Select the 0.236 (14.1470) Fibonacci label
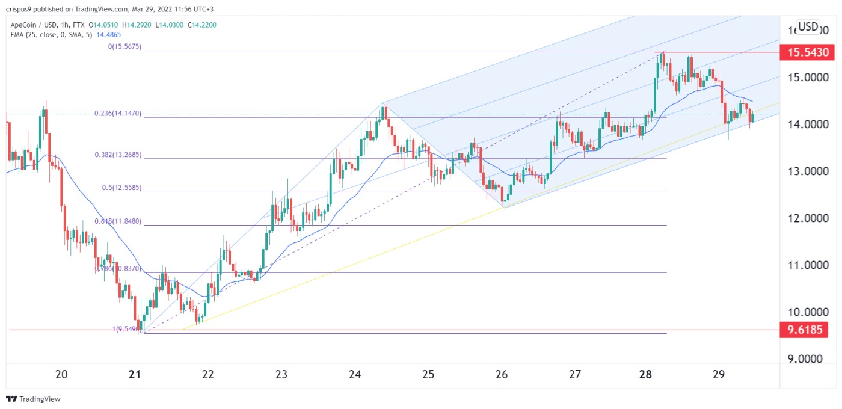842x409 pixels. coord(118,113)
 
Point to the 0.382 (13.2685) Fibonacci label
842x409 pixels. coord(118,155)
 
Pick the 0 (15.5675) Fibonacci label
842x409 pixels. coord(124,46)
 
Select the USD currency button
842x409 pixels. coord(808,26)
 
